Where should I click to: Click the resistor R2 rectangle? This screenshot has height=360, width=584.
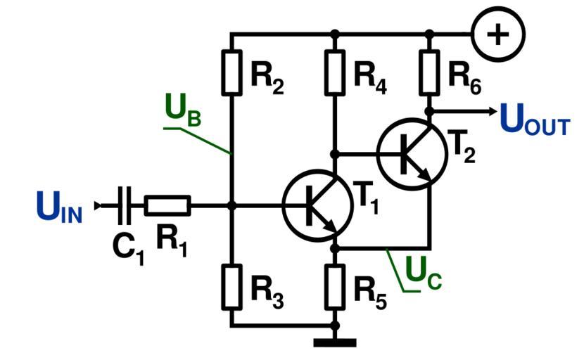pos(231,72)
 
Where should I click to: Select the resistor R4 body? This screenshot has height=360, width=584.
pos(335,72)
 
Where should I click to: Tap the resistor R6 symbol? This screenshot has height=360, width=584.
pos(429,72)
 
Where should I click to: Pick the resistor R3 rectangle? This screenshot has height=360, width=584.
pos(231,287)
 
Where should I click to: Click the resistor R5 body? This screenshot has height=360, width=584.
pos(335,287)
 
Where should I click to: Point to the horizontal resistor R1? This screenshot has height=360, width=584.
pos(167,206)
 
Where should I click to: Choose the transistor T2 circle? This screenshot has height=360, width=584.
pos(412,155)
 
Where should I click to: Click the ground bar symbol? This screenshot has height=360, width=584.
pos(335,343)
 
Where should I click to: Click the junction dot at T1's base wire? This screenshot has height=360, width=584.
pos(231,206)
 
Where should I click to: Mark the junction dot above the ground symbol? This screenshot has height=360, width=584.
pos(335,326)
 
